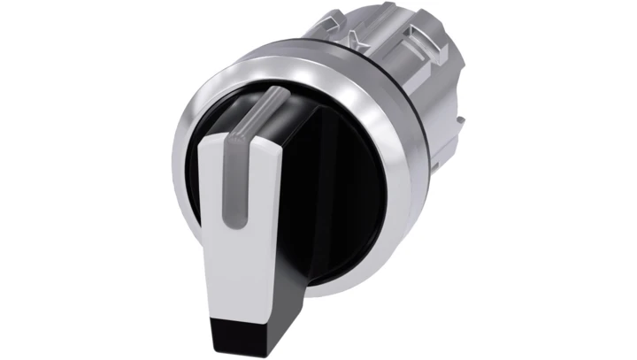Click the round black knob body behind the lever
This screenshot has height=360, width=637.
pos(345,186)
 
